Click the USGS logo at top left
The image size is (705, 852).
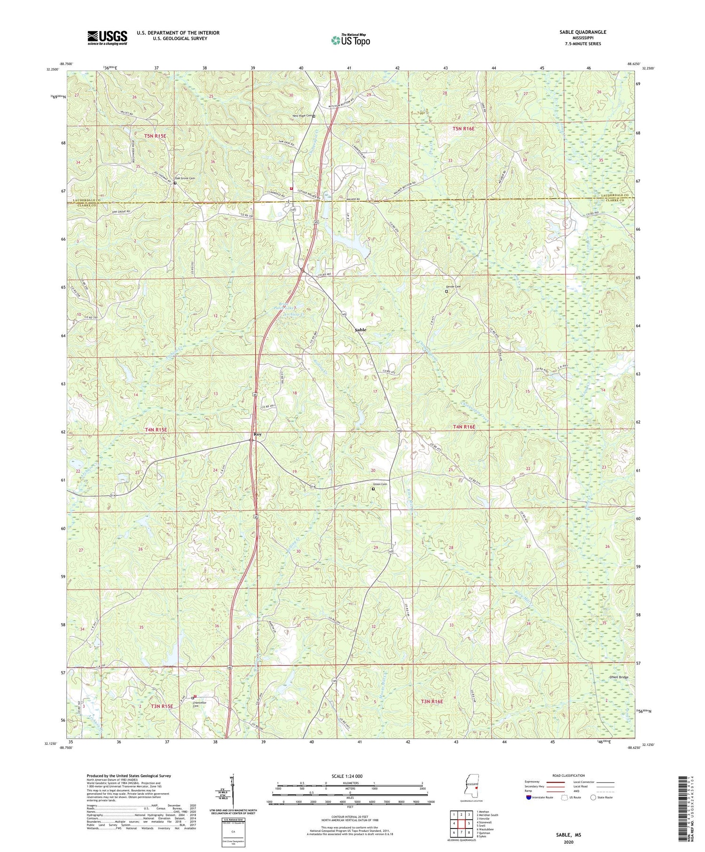coord(107,38)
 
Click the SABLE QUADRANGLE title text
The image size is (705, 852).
coord(580,32)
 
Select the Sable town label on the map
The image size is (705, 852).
coord(360,330)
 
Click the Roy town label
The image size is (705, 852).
coord(257,434)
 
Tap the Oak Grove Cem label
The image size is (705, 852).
coord(184,179)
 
